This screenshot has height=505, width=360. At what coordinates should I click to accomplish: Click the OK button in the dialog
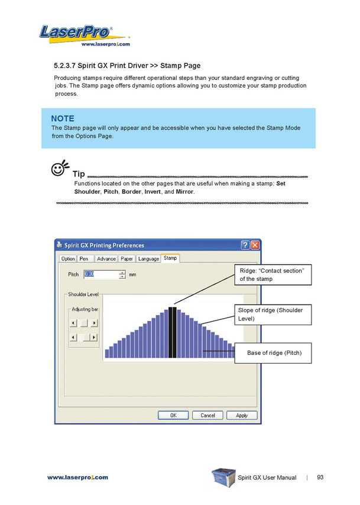173,415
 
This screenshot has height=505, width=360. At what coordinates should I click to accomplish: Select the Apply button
242,415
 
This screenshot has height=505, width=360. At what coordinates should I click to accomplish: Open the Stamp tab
170,258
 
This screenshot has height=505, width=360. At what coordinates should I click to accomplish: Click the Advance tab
106,258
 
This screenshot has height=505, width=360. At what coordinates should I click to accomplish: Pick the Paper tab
127,258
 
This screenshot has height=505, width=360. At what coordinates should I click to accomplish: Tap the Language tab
148,258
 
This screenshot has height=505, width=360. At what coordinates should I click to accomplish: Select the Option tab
68,258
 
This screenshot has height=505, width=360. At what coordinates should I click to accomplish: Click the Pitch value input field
101,274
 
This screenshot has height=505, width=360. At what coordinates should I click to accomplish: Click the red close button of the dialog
255,245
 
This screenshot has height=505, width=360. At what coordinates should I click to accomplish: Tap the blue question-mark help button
245,245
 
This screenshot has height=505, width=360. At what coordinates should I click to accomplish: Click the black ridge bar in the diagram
172,332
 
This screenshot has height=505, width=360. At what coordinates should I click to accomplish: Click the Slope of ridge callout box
273,314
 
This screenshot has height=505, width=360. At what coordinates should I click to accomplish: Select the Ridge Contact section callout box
273,274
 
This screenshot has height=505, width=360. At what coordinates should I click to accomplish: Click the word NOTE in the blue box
63,118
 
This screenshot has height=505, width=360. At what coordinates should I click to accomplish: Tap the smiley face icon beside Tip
59,170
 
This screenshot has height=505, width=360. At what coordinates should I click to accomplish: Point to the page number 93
320,477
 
